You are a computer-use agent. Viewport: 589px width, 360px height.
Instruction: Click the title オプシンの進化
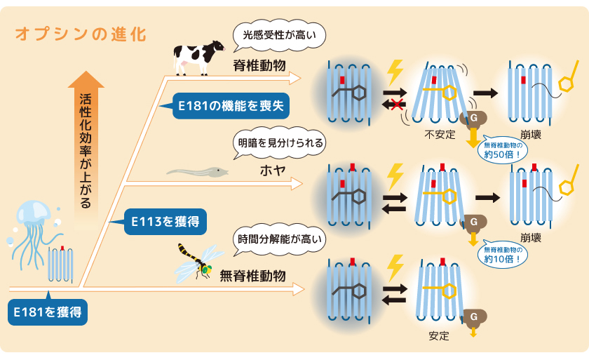pyautogui.click(x=81, y=34)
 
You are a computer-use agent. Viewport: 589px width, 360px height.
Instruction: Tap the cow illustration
pyautogui.click(x=198, y=58)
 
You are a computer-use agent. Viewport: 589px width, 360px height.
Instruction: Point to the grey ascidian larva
pyautogui.click(x=197, y=172)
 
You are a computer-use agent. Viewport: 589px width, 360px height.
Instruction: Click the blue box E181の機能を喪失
pyautogui.click(x=231, y=106)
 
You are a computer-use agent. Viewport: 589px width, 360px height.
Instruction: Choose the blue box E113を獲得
pyautogui.click(x=165, y=222)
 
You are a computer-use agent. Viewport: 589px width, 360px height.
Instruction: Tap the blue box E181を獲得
pyautogui.click(x=48, y=312)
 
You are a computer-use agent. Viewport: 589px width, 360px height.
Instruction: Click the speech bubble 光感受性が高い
pyautogui.click(x=279, y=36)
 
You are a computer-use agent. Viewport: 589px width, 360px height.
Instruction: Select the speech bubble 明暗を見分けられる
pyautogui.click(x=280, y=142)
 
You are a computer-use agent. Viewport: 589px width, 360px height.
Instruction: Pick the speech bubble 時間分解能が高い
pyautogui.click(x=280, y=239)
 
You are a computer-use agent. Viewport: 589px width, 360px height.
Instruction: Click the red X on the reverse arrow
pyautogui.click(x=397, y=104)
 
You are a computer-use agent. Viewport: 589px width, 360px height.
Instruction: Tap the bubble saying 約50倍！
pyautogui.click(x=503, y=150)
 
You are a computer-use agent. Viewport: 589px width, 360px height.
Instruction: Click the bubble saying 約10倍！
pyautogui.click(x=503, y=255)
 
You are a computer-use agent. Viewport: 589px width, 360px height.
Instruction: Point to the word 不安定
pyautogui.click(x=440, y=134)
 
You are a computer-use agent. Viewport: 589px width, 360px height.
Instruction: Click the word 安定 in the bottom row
pyautogui.click(x=439, y=335)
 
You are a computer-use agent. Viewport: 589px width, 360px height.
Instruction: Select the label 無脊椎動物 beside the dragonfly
pyautogui.click(x=253, y=276)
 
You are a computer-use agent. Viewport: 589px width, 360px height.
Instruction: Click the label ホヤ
pyautogui.click(x=273, y=171)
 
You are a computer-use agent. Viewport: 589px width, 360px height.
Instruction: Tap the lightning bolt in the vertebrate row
pyautogui.click(x=395, y=72)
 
